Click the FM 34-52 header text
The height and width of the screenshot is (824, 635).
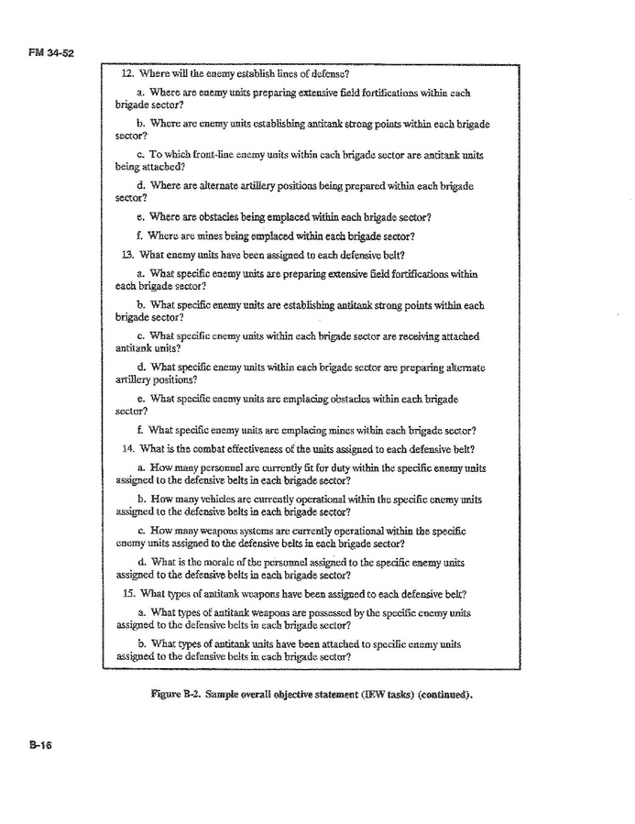(49, 53)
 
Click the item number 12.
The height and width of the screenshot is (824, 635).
(127, 73)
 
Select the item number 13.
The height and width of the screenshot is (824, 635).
(127, 254)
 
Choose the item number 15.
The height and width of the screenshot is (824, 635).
(127, 592)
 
